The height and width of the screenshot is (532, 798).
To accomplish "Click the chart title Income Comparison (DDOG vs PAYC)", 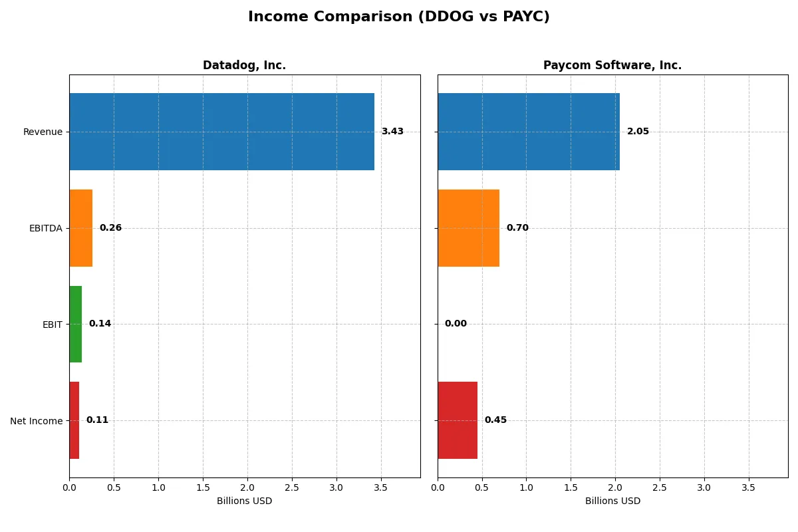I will click(x=399, y=17).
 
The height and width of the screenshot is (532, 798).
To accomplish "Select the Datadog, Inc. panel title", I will click(x=244, y=65).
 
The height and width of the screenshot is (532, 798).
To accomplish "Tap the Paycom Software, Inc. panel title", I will click(x=612, y=65).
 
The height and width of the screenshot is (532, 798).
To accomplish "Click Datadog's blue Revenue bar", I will click(x=221, y=132).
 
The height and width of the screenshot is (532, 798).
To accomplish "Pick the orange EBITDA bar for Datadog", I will click(x=81, y=228).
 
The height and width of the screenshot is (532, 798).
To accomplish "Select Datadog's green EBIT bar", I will click(x=76, y=324).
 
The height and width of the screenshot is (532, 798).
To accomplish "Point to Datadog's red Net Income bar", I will click(x=74, y=420).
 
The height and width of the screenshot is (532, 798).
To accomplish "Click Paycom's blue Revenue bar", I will click(x=529, y=132).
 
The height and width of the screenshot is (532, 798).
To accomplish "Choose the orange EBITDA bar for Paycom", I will click(x=468, y=228).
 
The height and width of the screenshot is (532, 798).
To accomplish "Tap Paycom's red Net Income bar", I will click(x=458, y=420).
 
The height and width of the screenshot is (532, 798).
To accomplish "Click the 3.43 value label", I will click(x=392, y=132).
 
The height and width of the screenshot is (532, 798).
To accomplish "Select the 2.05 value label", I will click(x=638, y=132).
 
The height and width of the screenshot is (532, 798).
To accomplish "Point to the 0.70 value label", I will click(x=517, y=228).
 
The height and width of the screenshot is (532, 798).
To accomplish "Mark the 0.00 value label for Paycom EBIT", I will click(x=456, y=324).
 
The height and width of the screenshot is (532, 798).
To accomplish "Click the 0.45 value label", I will click(x=495, y=420).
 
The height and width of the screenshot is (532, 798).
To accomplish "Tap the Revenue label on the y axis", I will click(x=43, y=132).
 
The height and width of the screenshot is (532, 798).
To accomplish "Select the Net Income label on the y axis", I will click(x=37, y=420).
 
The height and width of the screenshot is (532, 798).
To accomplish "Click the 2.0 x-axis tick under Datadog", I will click(x=247, y=487).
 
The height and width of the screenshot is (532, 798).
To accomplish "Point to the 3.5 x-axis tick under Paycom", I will click(x=748, y=487).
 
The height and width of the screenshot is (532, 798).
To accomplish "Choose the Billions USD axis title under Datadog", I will click(x=244, y=501).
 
